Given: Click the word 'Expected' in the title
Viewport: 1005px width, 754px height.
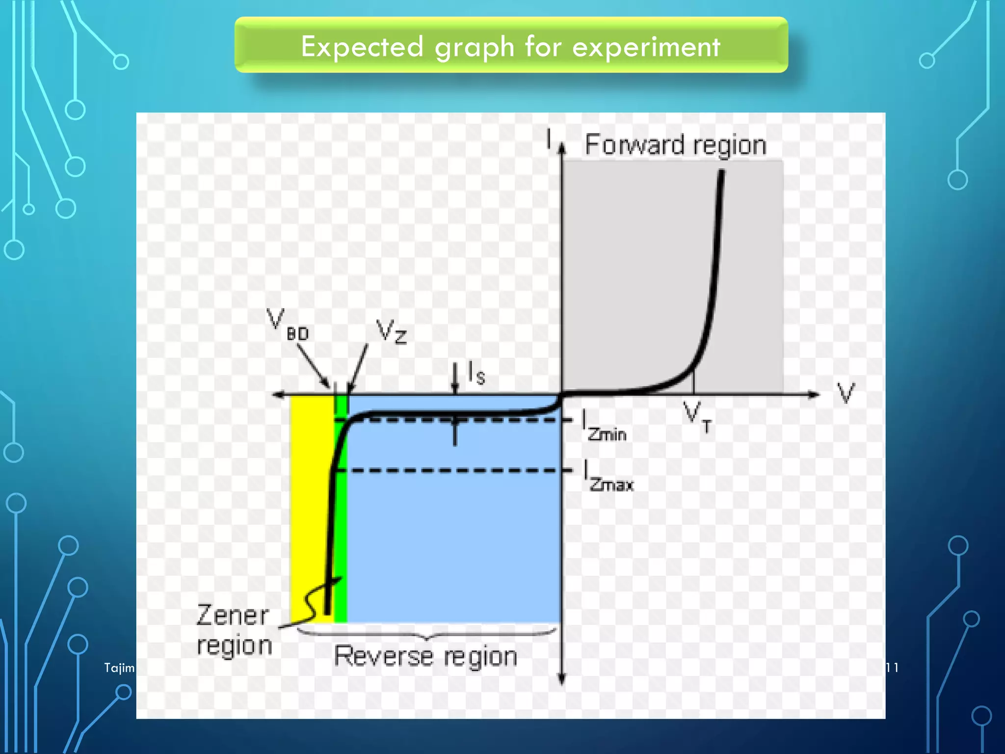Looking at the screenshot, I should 362,47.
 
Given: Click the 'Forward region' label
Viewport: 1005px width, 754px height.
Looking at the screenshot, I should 675,145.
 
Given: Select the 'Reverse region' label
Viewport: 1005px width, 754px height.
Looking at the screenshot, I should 425,656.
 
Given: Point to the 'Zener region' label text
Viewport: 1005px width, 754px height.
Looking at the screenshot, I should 234,630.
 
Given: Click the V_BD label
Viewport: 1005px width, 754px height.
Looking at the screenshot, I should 287,325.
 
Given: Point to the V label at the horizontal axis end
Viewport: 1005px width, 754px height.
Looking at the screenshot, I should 846,393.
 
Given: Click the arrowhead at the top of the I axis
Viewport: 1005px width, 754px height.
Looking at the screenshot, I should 562,147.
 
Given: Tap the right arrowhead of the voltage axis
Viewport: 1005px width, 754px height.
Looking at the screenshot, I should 815,394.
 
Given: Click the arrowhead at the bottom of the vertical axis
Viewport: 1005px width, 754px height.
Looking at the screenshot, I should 562,679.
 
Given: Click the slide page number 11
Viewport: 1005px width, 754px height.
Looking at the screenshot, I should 892,668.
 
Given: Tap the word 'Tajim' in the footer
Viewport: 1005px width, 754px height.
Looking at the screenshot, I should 119,668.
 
